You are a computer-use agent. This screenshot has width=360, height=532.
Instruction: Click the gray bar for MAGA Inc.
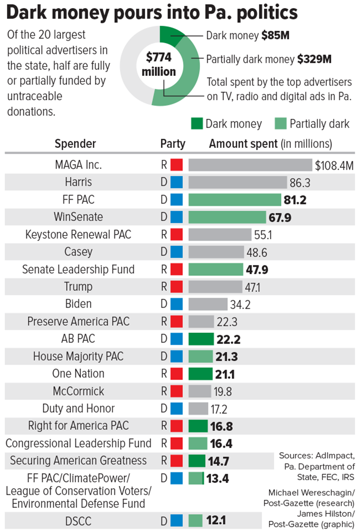pos(250,165)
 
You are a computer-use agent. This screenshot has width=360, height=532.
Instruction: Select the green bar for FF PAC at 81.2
pos(234,200)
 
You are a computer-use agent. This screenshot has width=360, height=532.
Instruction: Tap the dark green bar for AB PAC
pos(201,339)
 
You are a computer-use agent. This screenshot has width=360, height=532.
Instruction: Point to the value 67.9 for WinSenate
pos(280,217)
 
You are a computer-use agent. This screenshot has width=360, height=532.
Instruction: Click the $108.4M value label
pos(334,166)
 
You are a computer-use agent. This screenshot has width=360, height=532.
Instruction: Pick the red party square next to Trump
pos(176,287)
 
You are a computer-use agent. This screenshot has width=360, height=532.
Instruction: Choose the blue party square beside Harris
pos(176,182)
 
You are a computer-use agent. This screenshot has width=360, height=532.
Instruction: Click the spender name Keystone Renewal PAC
pos(78,235)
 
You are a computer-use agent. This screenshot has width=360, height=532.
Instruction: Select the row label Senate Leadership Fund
pos(78,270)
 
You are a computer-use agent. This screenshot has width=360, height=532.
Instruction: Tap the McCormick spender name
pos(78,391)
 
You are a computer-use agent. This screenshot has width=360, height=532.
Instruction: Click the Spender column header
pos(75,144)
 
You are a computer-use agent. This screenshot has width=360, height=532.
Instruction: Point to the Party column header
pos(172,144)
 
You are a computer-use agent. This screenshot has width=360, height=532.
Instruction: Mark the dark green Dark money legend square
pos(197,123)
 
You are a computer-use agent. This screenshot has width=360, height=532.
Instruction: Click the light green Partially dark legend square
pos(280,123)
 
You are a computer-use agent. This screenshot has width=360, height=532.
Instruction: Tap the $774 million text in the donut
pos(159,64)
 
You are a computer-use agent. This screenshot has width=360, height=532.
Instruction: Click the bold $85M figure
pos(275,35)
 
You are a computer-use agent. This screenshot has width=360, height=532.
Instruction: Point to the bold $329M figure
pos(314,59)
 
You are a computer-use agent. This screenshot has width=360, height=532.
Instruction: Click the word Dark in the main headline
pos(25,12)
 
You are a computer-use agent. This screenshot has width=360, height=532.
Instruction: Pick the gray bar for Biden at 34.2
pos(208,304)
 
